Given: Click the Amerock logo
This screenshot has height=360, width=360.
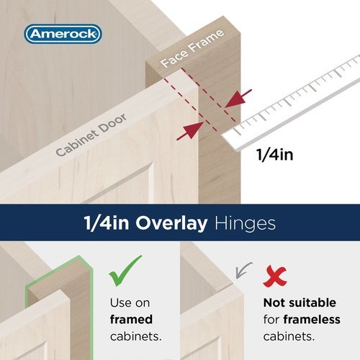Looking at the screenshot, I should (63, 34).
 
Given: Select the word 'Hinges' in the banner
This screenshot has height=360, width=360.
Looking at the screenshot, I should (246, 223).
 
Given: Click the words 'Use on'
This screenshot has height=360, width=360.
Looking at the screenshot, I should (130, 303).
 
